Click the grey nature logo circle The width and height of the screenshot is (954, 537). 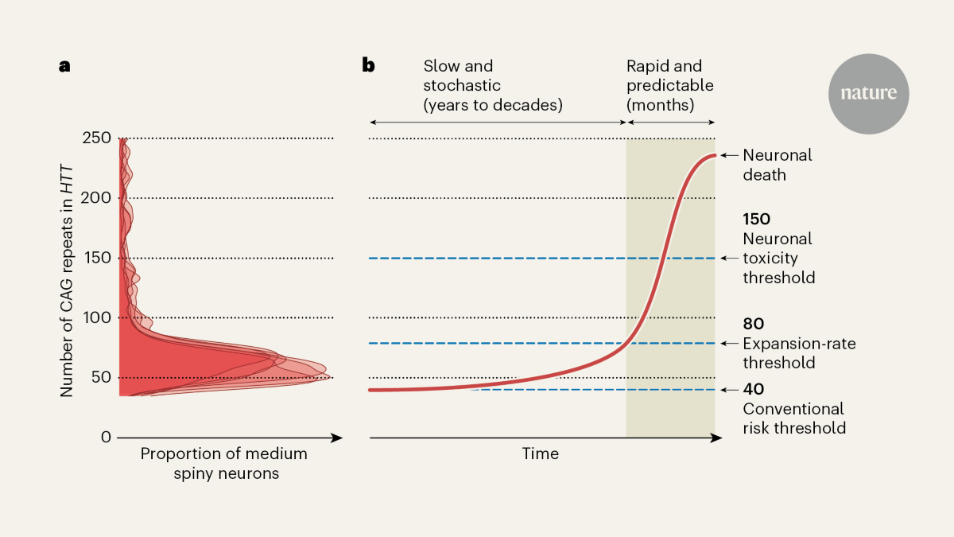(869, 94)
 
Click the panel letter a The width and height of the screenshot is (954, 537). (64, 66)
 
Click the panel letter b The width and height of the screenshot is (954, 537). (368, 65)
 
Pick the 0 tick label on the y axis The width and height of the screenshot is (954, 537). (105, 437)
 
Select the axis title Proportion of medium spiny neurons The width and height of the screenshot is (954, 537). (223, 463)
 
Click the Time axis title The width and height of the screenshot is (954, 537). (540, 454)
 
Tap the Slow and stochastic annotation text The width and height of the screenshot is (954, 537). (492, 85)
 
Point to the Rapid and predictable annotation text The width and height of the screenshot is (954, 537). (669, 85)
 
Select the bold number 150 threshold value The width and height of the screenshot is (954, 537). (757, 219)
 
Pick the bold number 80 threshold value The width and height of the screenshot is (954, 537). (753, 325)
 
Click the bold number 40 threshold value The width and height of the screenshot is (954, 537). (753, 389)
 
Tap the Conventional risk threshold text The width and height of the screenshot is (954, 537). (793, 418)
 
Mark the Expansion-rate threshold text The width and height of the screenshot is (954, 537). (799, 353)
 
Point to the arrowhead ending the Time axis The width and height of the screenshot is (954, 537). (717, 438)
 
